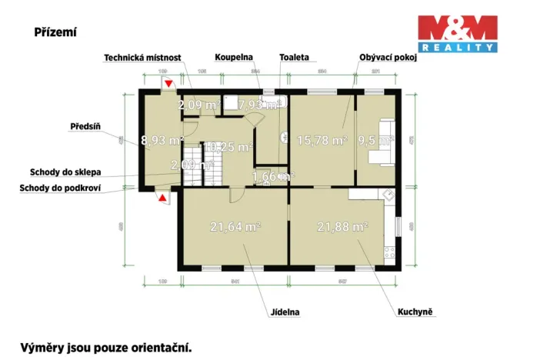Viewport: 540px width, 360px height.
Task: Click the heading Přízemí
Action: [x=55, y=32]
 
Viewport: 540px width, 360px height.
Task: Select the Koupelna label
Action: [x=233, y=58]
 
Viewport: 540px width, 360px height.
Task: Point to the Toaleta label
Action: [x=294, y=58]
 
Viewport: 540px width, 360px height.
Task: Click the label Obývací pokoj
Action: [x=388, y=58]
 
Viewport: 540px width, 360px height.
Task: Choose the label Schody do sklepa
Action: [x=66, y=172]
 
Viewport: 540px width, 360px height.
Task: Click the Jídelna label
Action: [x=285, y=312]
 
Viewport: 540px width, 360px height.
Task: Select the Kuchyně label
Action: [x=415, y=312]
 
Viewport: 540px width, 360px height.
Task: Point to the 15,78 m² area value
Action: [x=319, y=139]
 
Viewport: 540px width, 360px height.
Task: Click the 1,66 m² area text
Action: [x=273, y=176]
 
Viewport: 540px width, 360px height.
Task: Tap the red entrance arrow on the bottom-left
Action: [x=162, y=198]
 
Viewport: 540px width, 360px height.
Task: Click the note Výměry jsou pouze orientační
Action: [x=106, y=347]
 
